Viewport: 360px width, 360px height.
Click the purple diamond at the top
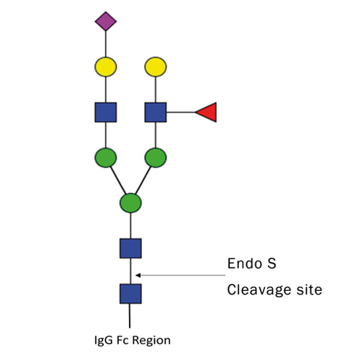pyautogui.click(x=106, y=21)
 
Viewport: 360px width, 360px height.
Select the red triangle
pyautogui.click(x=207, y=112)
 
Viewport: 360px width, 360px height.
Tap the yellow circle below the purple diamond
pyautogui.click(x=106, y=68)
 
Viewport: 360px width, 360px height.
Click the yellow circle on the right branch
pyautogui.click(x=156, y=68)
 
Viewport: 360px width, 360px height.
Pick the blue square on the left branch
pyautogui.click(x=106, y=112)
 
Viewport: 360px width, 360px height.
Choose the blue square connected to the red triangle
pyautogui.click(x=156, y=112)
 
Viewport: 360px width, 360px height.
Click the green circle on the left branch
pyautogui.click(x=106, y=157)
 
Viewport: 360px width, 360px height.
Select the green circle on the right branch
pyautogui.click(x=156, y=157)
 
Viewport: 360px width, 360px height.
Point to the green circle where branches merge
pyautogui.click(x=130, y=202)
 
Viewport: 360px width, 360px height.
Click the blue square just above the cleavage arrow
pyautogui.click(x=130, y=248)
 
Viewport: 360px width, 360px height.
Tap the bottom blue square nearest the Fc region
pyautogui.click(x=130, y=294)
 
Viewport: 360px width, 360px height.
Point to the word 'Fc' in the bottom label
pyautogui.click(x=126, y=340)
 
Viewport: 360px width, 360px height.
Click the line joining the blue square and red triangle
pyautogui.click(x=181, y=112)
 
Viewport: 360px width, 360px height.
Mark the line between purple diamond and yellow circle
pyautogui.click(x=106, y=43)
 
